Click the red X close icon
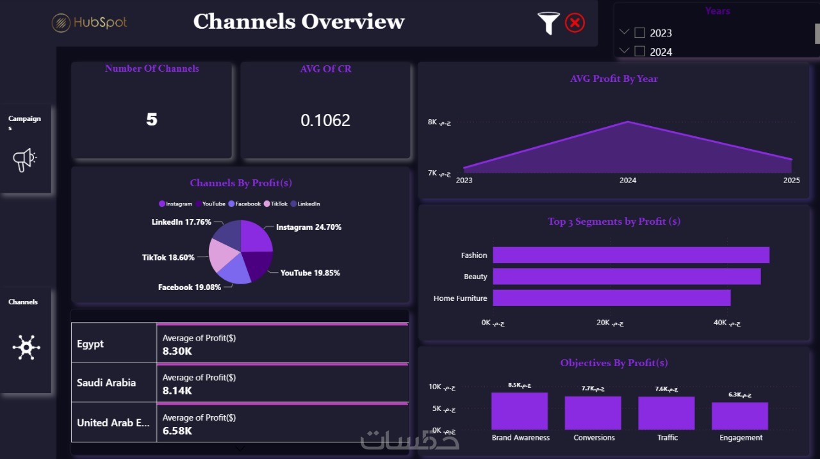pyautogui.click(x=575, y=23)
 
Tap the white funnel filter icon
pyautogui.click(x=548, y=23)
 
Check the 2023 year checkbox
pyautogui.click(x=639, y=33)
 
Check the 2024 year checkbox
pyautogui.click(x=639, y=51)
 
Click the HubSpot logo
pyautogui.click(x=90, y=22)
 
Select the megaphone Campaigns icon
pyautogui.click(x=25, y=159)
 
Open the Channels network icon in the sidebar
pyautogui.click(x=26, y=346)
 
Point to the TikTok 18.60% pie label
pyautogui.click(x=168, y=257)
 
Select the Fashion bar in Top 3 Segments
pyautogui.click(x=630, y=255)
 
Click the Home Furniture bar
pyautogui.click(x=611, y=298)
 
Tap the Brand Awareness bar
pyautogui.click(x=520, y=411)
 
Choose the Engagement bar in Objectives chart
pyautogui.click(x=739, y=415)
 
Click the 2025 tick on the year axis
pyautogui.click(x=791, y=181)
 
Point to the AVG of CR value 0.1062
pyautogui.click(x=325, y=120)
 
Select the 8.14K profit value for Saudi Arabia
pyautogui.click(x=177, y=391)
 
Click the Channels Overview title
pyautogui.click(x=299, y=22)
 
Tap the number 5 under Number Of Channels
pyautogui.click(x=151, y=119)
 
